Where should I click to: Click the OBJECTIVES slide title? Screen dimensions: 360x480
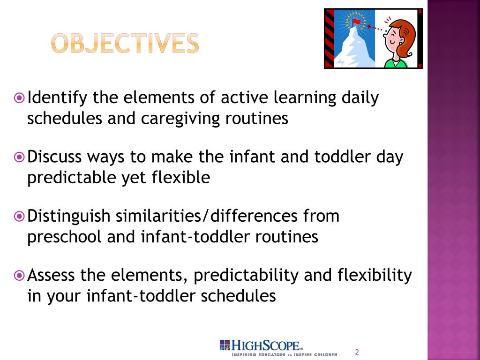point(125,44)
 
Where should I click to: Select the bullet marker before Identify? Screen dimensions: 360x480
point(19,98)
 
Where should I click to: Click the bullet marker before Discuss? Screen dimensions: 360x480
point(19,157)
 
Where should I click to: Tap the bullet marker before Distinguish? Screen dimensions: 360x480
point(19,217)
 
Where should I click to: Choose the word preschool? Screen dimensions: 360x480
point(64,237)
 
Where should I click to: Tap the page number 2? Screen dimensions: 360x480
point(357,352)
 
